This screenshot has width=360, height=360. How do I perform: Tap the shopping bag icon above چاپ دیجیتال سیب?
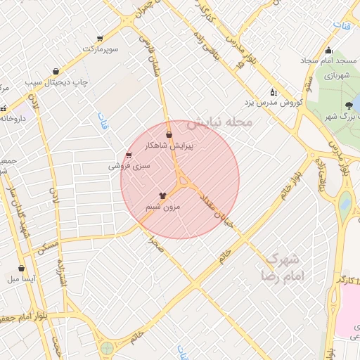(x=56, y=70)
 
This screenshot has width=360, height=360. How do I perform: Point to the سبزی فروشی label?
(x=129, y=167)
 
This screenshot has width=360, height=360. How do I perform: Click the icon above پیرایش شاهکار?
(x=169, y=134)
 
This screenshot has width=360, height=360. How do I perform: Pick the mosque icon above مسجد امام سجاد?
(x=328, y=50)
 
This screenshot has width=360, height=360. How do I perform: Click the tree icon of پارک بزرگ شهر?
(x=349, y=106)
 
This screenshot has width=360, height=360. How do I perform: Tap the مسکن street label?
(x=49, y=247)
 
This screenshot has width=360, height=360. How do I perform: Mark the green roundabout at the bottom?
(x=107, y=347)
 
